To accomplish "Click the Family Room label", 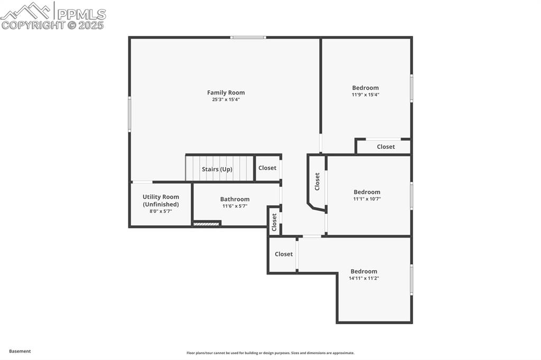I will point(226,92).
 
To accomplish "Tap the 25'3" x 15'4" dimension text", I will point(226,99).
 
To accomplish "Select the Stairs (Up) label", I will point(217,169).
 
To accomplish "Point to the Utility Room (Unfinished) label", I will point(161,201).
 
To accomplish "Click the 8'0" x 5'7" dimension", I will point(161,211).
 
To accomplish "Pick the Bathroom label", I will point(235,199).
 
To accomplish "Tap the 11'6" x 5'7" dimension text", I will point(235,206).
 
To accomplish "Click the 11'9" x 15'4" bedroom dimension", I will point(366,94).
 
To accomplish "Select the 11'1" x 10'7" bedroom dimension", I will point(367,199).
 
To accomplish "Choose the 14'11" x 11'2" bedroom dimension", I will point(364,278).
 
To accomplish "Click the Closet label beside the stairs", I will point(267,168).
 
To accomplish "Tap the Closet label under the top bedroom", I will point(386,147).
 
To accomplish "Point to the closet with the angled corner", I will point(317,182).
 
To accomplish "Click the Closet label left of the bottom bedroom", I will point(284,254).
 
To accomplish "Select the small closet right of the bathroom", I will point(274,222).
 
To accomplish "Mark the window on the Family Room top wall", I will point(248,37).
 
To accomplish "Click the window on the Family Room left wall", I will point(129,113).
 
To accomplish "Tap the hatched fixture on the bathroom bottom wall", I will point(206,224).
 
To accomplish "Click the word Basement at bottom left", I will point(20,351).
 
